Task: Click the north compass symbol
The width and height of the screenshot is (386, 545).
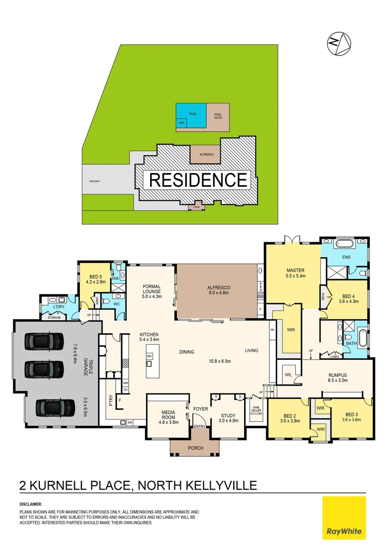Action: (x=339, y=43)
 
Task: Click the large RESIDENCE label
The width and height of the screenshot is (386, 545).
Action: (x=199, y=180)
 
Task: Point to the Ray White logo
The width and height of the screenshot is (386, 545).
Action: (x=344, y=517)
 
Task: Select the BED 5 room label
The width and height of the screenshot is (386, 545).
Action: (x=96, y=277)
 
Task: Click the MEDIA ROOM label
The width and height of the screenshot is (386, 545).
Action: (x=168, y=414)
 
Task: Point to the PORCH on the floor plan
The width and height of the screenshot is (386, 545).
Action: (x=195, y=448)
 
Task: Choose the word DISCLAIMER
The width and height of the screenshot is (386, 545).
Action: (x=31, y=504)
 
